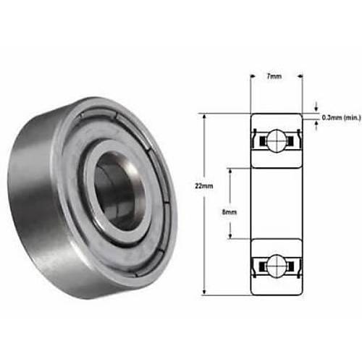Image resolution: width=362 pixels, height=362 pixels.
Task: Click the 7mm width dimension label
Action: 274,76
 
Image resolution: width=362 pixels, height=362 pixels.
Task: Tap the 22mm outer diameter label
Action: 204,186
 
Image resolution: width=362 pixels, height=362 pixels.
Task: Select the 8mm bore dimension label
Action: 230,212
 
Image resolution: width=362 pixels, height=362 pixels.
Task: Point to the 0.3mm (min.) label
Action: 341,118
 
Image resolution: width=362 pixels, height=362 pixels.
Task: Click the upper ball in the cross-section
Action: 277,141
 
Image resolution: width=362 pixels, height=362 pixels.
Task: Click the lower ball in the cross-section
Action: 277,266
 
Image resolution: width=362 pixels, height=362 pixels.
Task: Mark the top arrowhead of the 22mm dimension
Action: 204,117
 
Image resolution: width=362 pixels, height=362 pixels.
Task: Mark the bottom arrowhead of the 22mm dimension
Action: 204,292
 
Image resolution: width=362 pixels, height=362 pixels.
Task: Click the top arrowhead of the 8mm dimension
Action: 230,171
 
